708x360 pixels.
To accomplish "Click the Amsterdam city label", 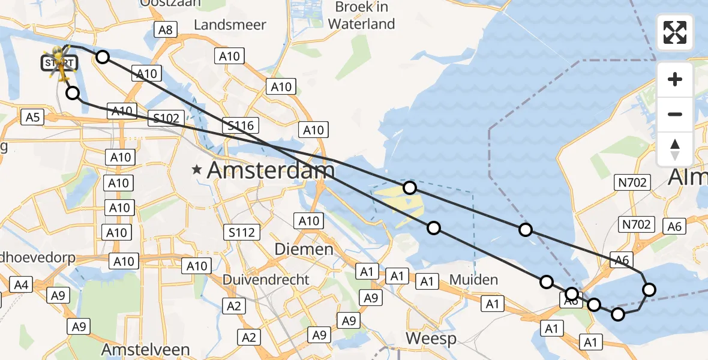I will (271, 170).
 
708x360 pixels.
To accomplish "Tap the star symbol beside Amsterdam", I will (197, 170).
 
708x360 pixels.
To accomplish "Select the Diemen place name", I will (304, 250).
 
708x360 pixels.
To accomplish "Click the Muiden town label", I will (475, 280).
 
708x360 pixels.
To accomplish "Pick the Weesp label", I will (431, 338).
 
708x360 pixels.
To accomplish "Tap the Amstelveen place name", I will (146, 350).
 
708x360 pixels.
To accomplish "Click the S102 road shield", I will (166, 118).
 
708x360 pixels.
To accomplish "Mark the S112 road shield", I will (242, 232).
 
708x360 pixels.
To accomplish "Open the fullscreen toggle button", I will (675, 32).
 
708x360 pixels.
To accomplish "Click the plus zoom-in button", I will (675, 79).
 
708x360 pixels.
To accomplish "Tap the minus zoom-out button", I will (675, 114).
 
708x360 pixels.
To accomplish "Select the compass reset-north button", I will (675, 149).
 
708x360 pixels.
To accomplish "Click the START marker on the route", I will (59, 62).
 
